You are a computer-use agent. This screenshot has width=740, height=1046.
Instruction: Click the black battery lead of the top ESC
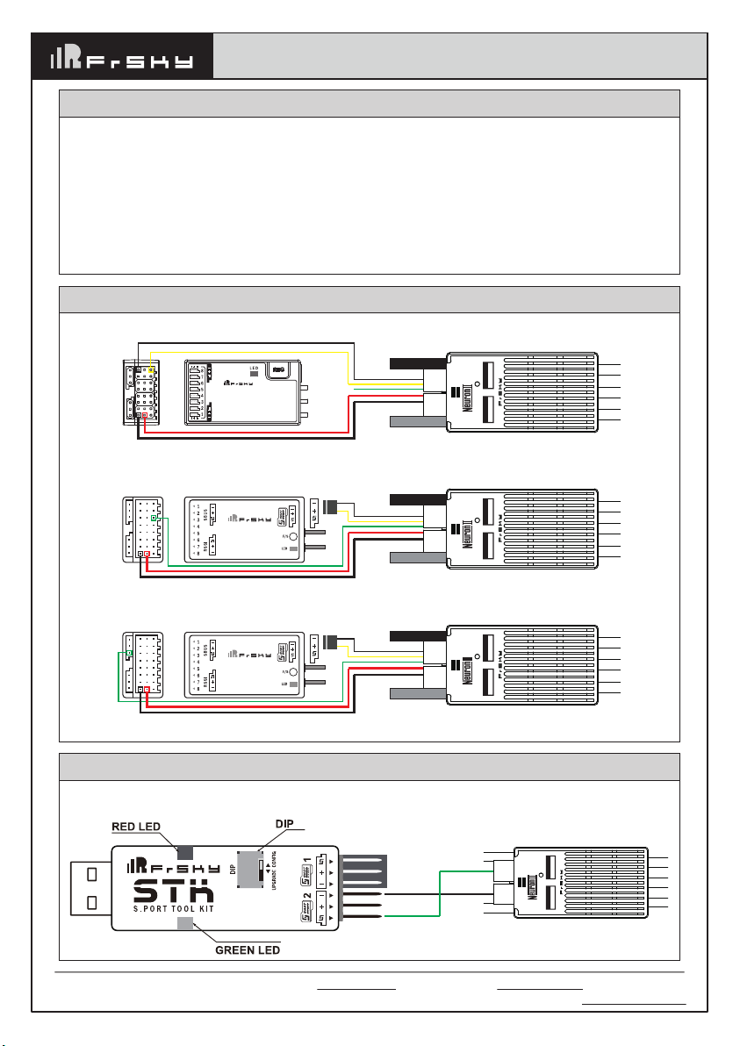[418, 362]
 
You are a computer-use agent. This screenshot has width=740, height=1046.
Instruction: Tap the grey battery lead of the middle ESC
[418, 556]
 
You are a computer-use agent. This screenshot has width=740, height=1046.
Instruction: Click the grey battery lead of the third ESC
[418, 693]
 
